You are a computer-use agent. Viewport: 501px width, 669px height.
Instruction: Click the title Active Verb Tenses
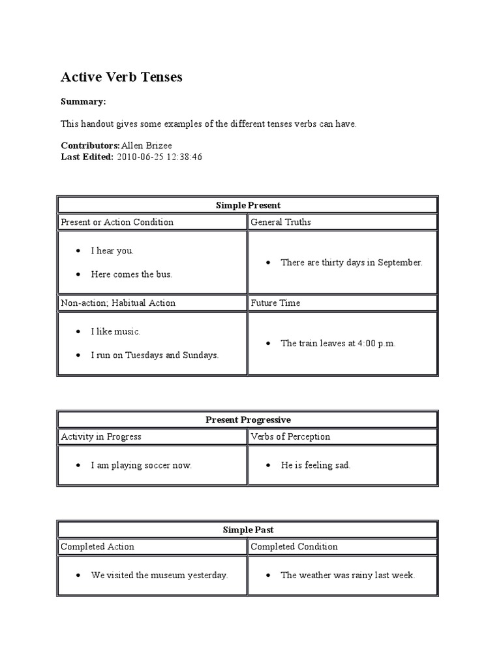pos(121,77)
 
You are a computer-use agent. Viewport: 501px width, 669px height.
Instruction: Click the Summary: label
pos(83,102)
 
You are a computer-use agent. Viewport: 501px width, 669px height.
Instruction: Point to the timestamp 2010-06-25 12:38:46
pos(159,157)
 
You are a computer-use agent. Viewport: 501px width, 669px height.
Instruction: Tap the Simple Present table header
pos(248,205)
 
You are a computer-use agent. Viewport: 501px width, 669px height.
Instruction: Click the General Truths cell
pos(281,222)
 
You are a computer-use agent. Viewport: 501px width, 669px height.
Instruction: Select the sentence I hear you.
pos(112,251)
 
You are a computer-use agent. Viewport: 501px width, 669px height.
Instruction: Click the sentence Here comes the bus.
pos(131,274)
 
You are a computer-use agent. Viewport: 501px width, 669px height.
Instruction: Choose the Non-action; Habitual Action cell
pos(118,303)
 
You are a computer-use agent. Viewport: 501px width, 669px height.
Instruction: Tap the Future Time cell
pos(277,303)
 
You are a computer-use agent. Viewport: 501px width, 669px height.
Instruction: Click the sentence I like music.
pos(115,332)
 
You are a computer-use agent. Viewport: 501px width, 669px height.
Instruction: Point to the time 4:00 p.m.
pos(376,344)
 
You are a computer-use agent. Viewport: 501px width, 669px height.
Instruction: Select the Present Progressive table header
pos(248,420)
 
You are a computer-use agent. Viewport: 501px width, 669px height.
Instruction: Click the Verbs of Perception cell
pos(290,437)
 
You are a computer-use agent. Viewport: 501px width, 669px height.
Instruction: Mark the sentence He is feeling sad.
pos(316,466)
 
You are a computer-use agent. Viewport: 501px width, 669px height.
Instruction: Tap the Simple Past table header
pos(248,530)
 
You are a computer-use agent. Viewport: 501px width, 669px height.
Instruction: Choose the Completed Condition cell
pos(294,547)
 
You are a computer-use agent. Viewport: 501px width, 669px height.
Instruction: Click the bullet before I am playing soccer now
pos(78,466)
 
